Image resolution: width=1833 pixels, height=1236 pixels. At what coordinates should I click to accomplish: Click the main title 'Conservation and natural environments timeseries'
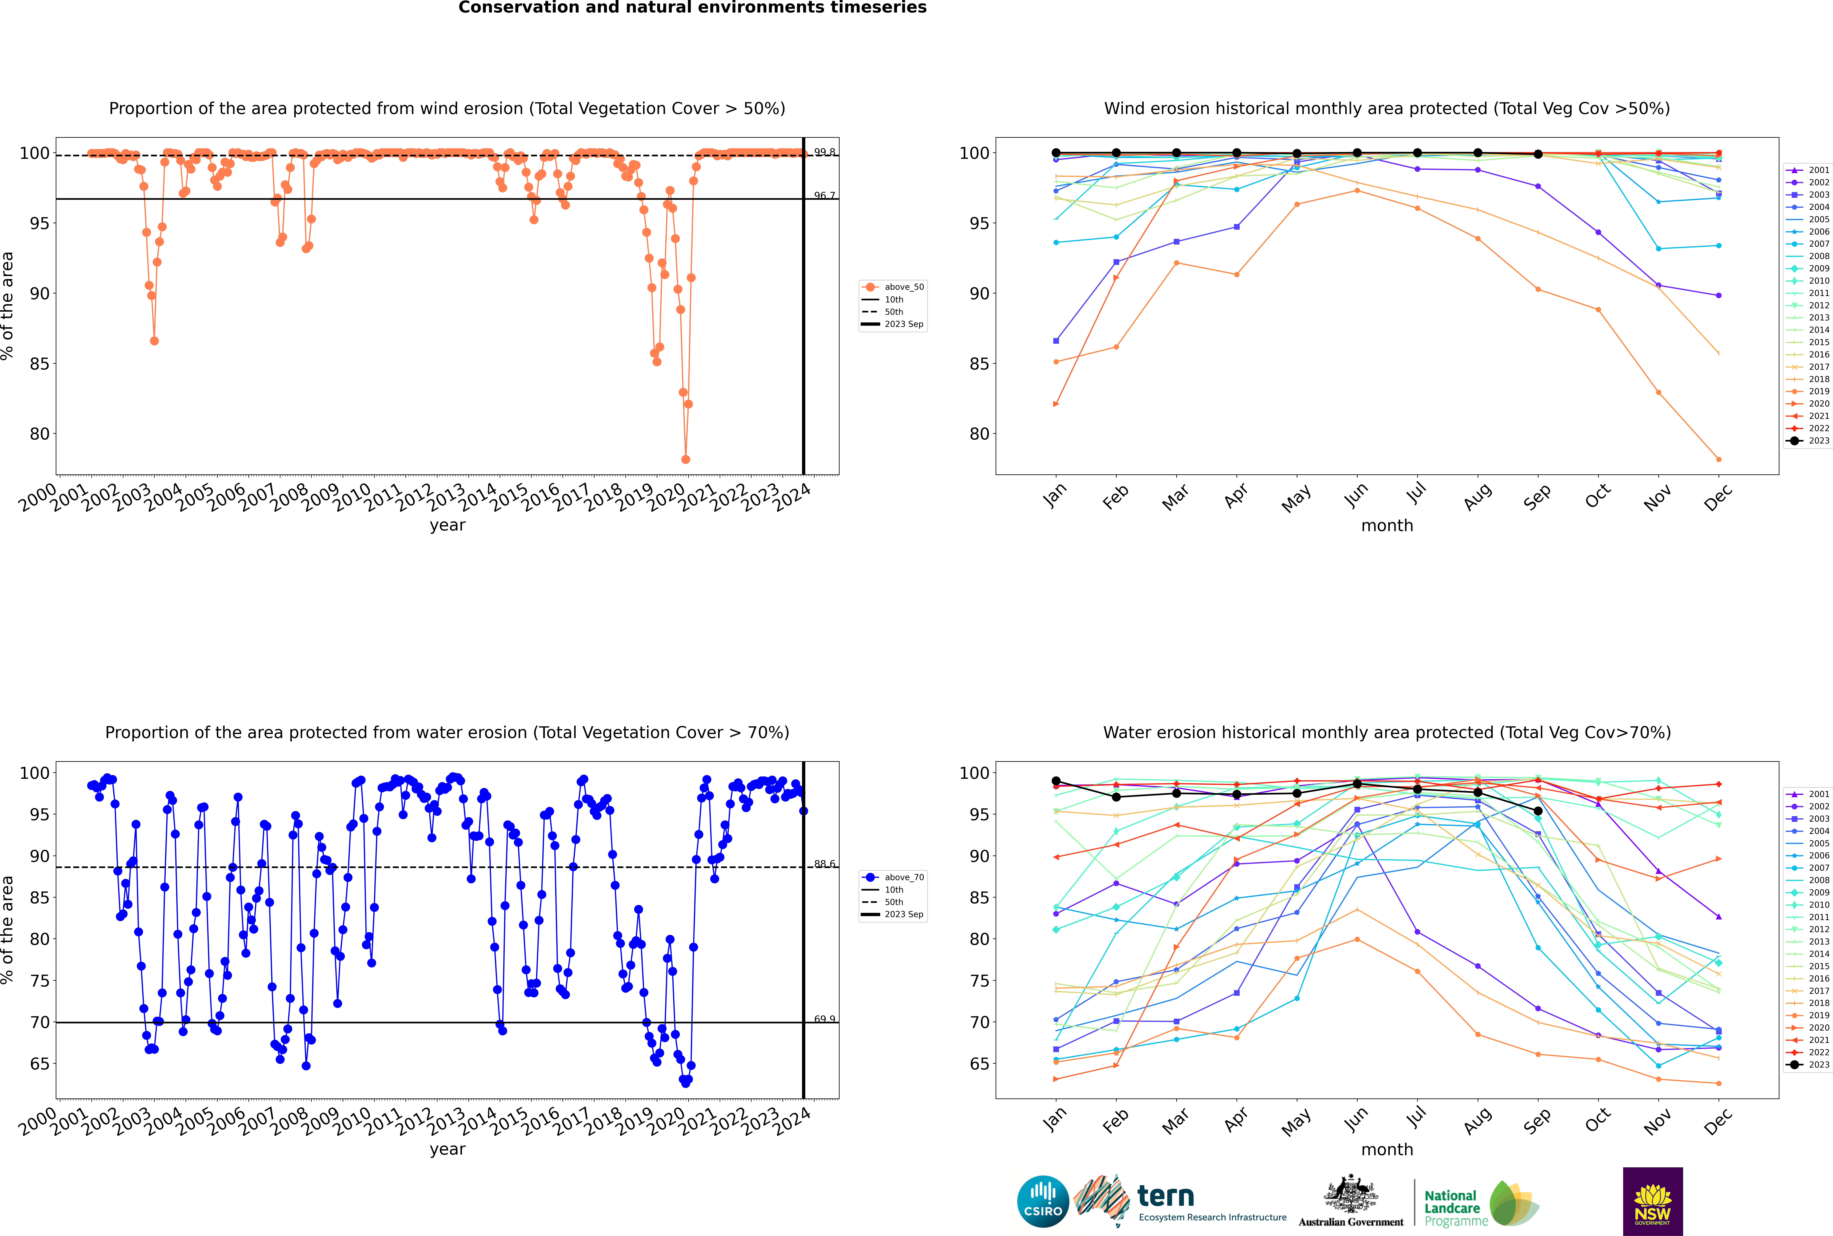pos(692,8)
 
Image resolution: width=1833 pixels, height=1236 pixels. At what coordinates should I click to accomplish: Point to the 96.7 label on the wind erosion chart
pos(824,195)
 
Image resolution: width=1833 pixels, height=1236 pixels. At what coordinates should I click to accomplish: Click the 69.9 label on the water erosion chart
pos(824,1019)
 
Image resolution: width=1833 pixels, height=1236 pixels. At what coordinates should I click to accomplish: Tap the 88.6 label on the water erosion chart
pos(824,864)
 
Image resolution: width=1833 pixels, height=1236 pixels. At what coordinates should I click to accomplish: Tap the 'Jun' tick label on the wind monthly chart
pos(1355,495)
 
